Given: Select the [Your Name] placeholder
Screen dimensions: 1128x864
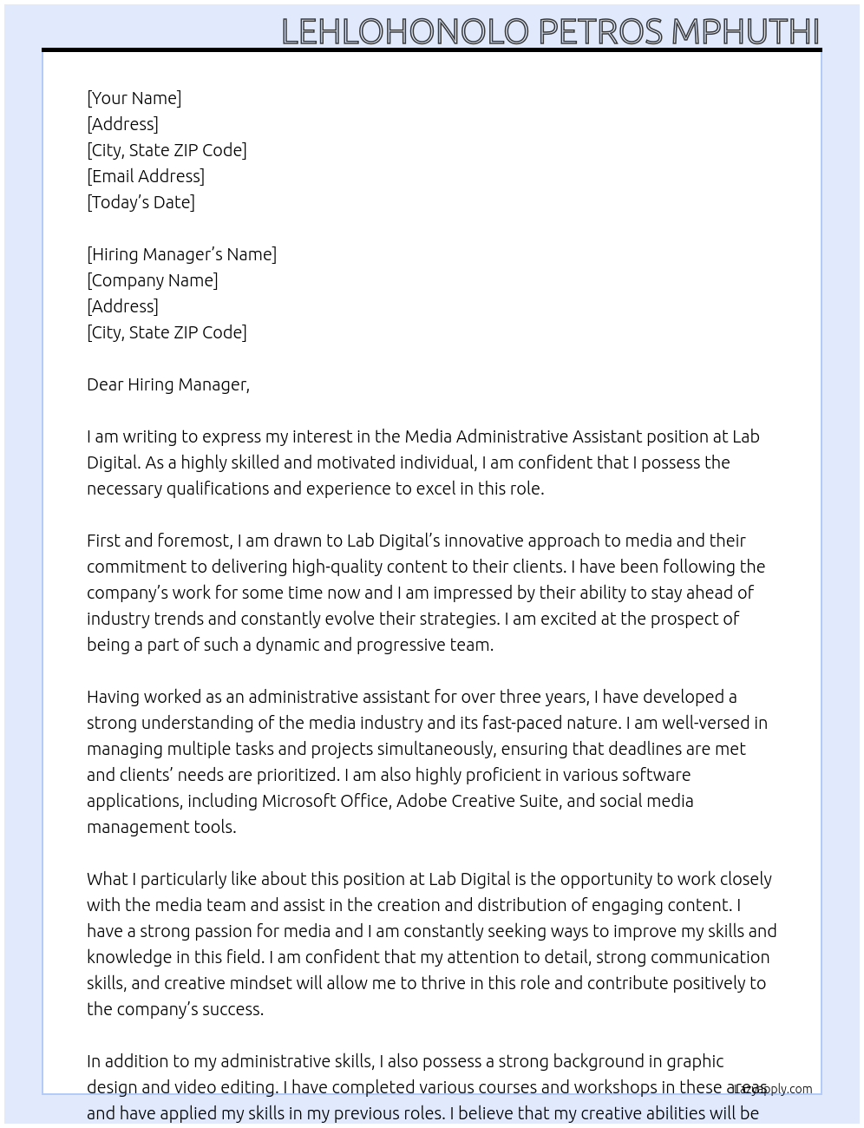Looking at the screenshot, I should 134,98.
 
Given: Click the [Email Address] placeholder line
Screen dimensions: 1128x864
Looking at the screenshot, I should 146,176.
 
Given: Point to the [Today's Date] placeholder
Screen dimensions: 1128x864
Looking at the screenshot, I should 141,202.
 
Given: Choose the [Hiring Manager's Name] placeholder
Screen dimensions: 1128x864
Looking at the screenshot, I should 181,254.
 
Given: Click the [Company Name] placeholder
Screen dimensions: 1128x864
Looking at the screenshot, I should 153,280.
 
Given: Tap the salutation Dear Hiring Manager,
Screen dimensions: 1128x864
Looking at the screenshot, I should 168,384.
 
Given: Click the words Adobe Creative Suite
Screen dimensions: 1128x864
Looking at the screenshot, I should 477,801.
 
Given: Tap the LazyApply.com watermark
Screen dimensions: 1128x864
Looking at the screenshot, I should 773,1089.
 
